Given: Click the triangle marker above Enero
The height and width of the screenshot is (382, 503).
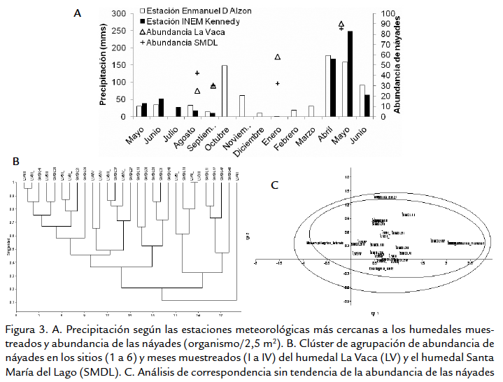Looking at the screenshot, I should click(278, 57).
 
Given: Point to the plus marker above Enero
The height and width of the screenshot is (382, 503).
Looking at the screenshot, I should click(278, 83).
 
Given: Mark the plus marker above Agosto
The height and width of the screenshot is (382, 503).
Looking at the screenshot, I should click(197, 73).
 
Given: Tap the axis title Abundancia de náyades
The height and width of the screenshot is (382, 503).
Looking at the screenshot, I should click(397, 63).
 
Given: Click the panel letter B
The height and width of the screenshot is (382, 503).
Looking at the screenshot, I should click(16, 162).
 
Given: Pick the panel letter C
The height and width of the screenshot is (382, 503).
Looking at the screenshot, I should click(274, 185).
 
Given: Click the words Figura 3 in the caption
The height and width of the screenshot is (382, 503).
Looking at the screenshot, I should click(26, 330).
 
